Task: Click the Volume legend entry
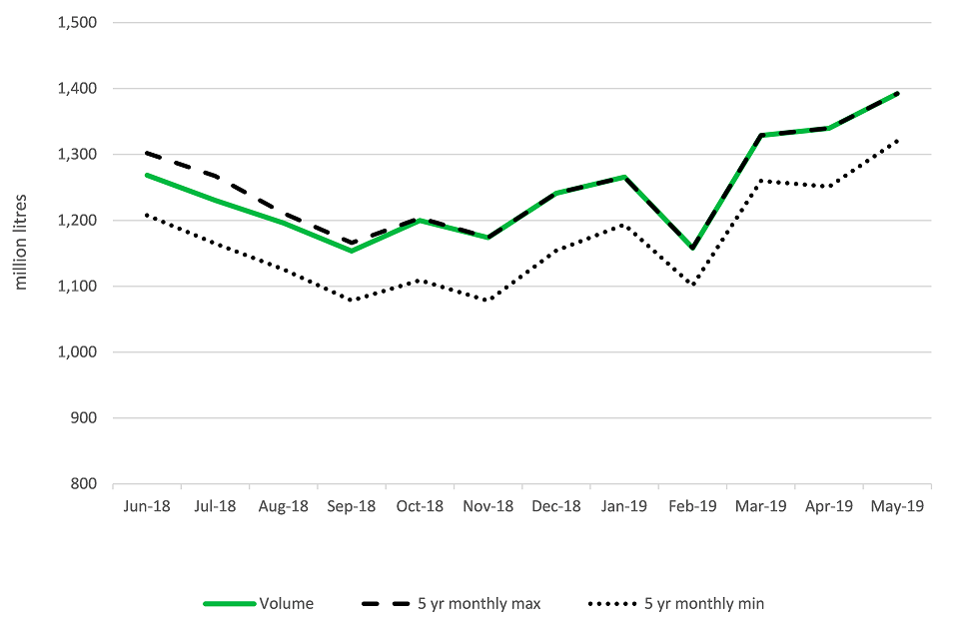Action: (286, 603)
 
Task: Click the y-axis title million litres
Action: (19, 254)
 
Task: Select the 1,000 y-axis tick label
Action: (82, 352)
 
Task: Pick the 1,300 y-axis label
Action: (82, 155)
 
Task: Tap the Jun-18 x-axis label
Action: (147, 507)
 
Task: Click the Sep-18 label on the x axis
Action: (352, 507)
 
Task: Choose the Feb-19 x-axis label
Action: (692, 507)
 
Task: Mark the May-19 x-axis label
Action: (897, 507)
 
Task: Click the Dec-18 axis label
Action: (556, 507)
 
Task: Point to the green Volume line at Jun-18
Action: (147, 175)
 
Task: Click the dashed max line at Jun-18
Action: (147, 153)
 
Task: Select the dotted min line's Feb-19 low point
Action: (692, 286)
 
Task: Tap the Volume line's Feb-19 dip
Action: (692, 249)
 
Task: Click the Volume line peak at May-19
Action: (897, 94)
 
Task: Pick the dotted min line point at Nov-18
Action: (487, 301)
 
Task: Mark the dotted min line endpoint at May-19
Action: (897, 141)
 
